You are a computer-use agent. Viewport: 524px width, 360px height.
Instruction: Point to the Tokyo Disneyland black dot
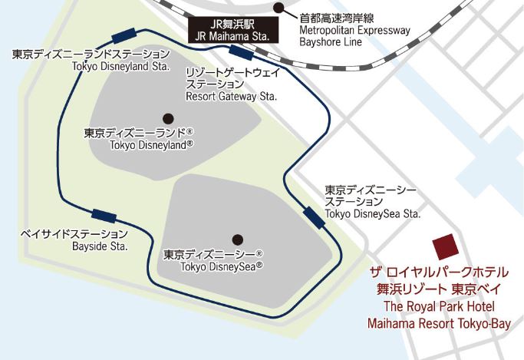pyautogui.click(x=168, y=118)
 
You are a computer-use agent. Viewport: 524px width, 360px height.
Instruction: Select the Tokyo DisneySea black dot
pyautogui.click(x=238, y=239)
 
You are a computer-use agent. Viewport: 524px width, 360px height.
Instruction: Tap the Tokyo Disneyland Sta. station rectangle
pyautogui.click(x=123, y=35)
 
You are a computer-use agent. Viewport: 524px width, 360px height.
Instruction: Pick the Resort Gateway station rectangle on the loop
pyautogui.click(x=242, y=53)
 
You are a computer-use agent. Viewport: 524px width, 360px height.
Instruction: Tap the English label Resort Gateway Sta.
pyautogui.click(x=232, y=97)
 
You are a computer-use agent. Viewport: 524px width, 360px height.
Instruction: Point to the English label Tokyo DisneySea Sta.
pyautogui.click(x=373, y=213)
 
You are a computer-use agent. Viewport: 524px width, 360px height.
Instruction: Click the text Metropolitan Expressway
pyautogui.click(x=354, y=31)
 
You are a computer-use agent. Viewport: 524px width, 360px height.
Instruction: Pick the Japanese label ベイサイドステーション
pyautogui.click(x=74, y=233)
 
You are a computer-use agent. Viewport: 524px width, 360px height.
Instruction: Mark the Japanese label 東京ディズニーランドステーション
pyautogui.click(x=91, y=54)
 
